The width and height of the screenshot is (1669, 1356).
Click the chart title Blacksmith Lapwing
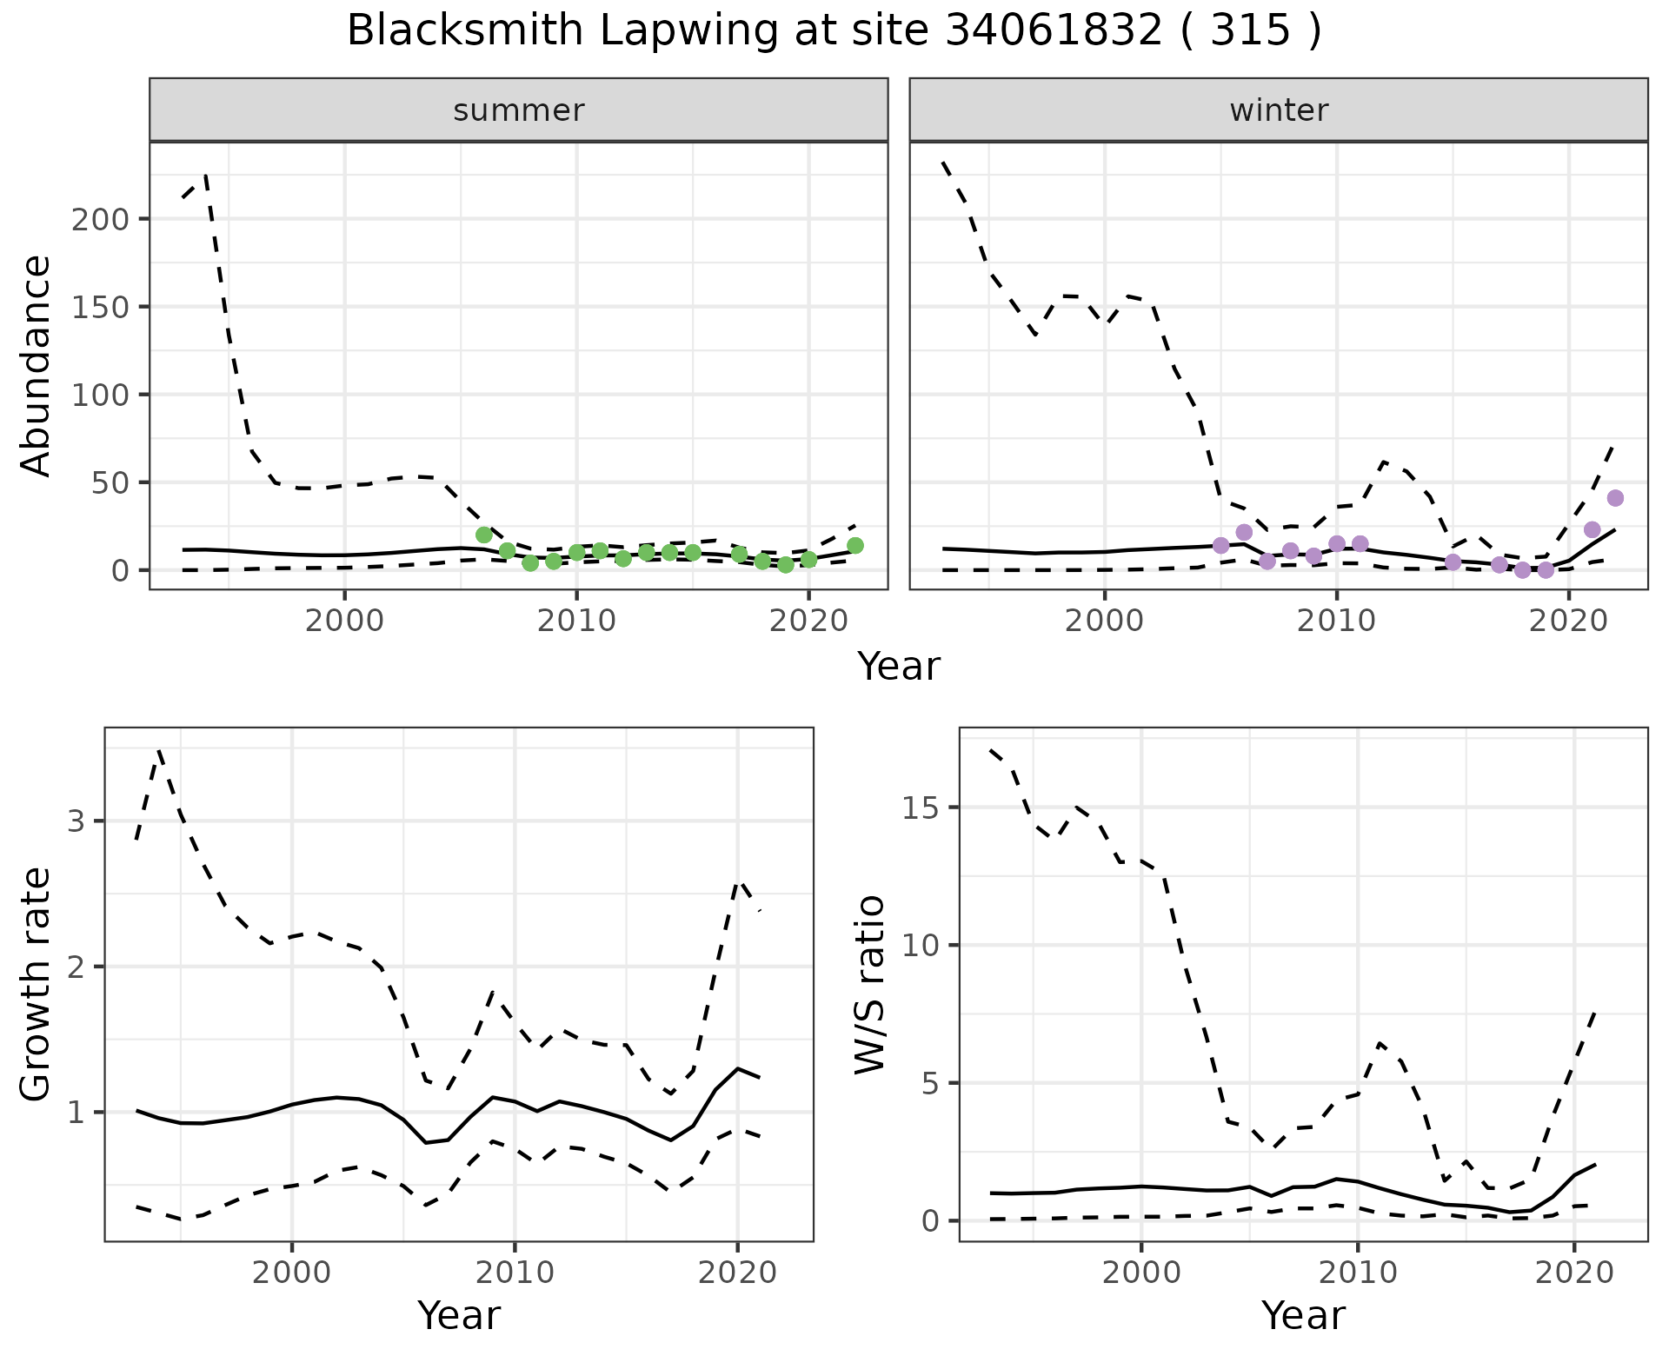[x=833, y=31]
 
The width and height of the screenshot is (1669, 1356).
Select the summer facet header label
[x=519, y=110]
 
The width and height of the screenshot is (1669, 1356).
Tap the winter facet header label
[x=1279, y=110]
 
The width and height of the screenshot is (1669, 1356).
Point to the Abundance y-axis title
[x=37, y=366]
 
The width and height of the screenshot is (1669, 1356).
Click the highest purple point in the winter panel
[x=1615, y=498]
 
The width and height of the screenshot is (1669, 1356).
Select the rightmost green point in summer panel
[x=855, y=545]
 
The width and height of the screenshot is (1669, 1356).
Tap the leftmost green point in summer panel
[x=484, y=535]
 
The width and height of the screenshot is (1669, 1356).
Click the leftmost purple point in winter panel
[x=1220, y=545]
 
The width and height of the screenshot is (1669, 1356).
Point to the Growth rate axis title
[x=37, y=985]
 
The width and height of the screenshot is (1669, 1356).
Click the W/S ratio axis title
[x=869, y=985]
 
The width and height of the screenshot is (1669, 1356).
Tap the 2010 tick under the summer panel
[x=576, y=621]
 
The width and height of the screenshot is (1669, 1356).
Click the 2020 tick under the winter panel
[x=1569, y=621]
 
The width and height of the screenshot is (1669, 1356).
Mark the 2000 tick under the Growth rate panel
[x=292, y=1273]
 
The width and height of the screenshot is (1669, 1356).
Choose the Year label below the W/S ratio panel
[x=1303, y=1316]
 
